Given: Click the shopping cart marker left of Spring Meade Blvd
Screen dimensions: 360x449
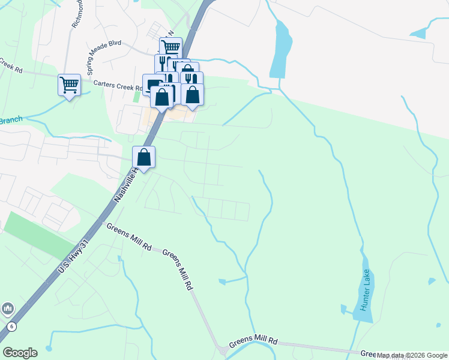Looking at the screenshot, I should pyautogui.click(x=69, y=85).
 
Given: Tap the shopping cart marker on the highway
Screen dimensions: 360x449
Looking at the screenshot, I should pyautogui.click(x=170, y=47).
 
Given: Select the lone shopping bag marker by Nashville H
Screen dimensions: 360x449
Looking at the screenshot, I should pyautogui.click(x=144, y=157).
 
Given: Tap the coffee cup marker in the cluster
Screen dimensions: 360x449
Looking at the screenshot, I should pyautogui.click(x=152, y=85).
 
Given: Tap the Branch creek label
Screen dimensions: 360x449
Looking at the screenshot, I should pyautogui.click(x=10, y=120).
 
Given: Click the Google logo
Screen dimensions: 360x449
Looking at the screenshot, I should pyautogui.click(x=20, y=353).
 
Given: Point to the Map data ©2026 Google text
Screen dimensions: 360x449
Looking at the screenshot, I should pyautogui.click(x=411, y=356).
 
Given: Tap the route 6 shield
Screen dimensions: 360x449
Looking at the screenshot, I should pyautogui.click(x=11, y=326).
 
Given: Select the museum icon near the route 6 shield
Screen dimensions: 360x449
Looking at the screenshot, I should pyautogui.click(x=7, y=308).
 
